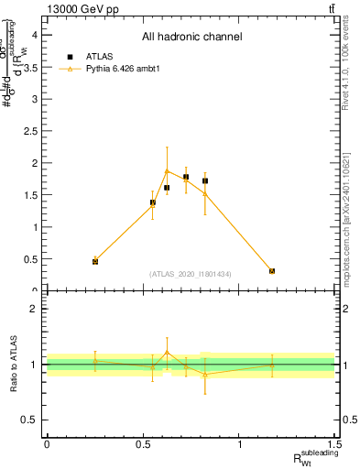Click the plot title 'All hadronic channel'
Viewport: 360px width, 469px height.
(191, 37)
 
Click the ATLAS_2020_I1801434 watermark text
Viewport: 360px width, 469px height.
(191, 274)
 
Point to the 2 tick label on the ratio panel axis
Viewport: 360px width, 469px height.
(32, 309)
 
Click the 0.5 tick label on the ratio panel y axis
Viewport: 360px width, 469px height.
(28, 420)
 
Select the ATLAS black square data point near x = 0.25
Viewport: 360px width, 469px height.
(95, 261)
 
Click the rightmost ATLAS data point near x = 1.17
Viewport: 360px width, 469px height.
(272, 271)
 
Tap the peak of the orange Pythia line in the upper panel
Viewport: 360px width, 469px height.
(167, 171)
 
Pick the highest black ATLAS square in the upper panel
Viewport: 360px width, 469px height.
(186, 177)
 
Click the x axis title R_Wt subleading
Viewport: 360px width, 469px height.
(316, 458)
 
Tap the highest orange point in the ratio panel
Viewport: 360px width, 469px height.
(167, 352)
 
